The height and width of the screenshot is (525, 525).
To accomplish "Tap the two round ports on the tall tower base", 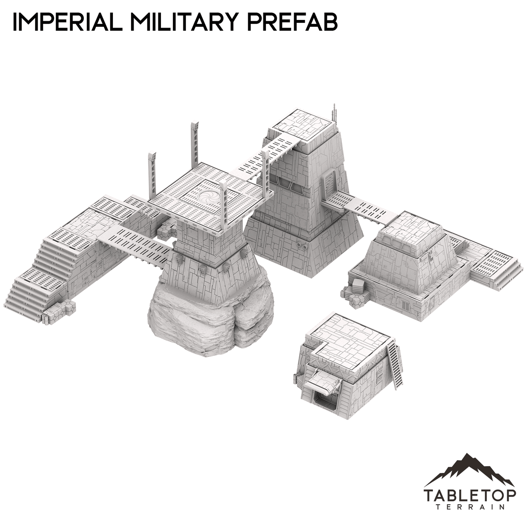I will (x=301, y=246).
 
